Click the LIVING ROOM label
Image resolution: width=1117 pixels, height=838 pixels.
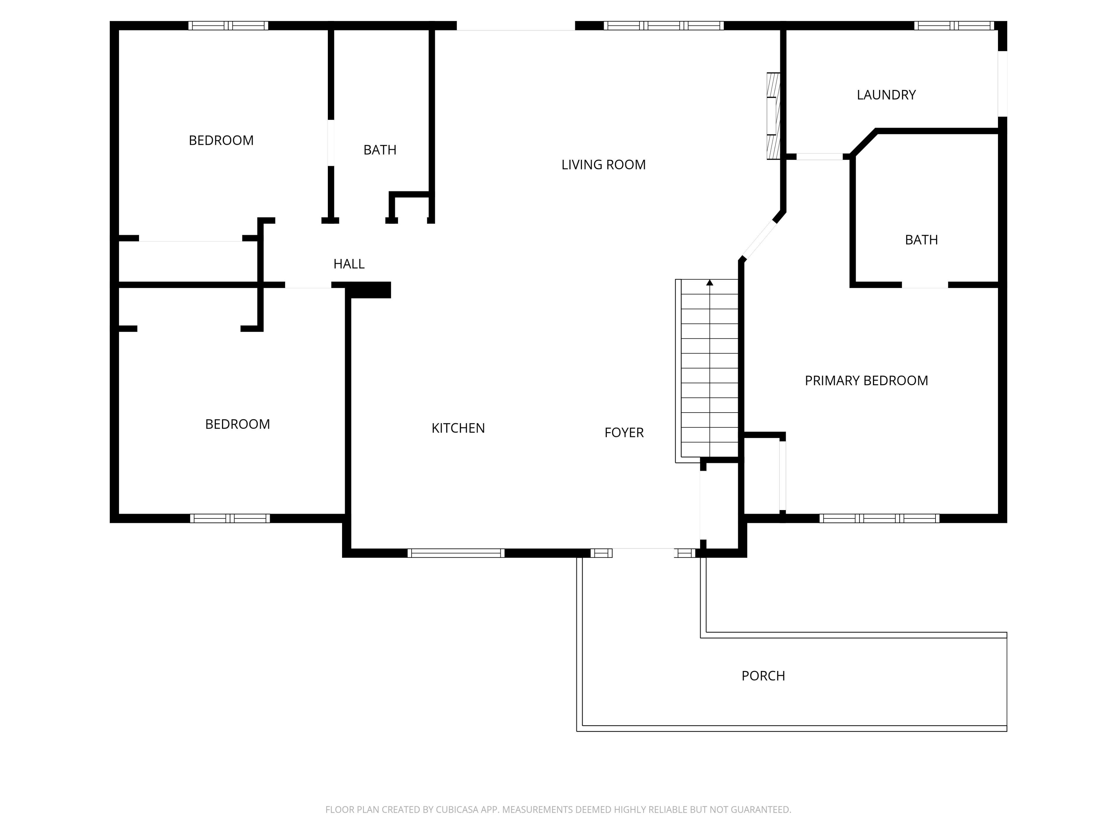click(x=604, y=165)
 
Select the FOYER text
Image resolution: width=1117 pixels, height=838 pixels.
click(x=624, y=432)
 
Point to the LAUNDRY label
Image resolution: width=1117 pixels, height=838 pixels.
click(x=886, y=95)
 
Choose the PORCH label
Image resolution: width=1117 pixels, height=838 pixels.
click(x=763, y=676)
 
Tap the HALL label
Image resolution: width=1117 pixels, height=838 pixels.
click(x=349, y=264)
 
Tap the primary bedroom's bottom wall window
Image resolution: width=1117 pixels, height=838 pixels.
click(x=879, y=518)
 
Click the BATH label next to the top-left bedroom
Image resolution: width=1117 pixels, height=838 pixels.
click(x=380, y=150)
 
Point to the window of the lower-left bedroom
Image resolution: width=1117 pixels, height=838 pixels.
click(x=230, y=518)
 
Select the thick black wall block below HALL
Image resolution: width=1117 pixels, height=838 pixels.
click(x=368, y=290)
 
